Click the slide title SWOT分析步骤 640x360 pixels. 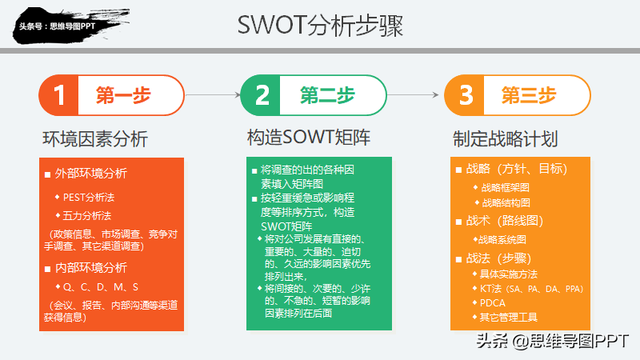pos(320,25)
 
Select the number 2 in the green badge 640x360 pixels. pos(262,96)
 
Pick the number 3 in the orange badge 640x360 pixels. pos(466,96)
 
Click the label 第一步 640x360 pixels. pos(123,96)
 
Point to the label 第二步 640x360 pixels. pos(327,96)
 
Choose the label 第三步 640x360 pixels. pos(529,96)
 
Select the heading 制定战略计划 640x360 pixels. pos(505,138)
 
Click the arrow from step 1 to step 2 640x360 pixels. pos(213,95)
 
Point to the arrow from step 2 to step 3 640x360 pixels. pos(416,95)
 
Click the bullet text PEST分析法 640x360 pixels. pos(87,196)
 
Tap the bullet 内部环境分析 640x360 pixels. pos(91,267)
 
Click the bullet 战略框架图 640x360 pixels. pos(506,187)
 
